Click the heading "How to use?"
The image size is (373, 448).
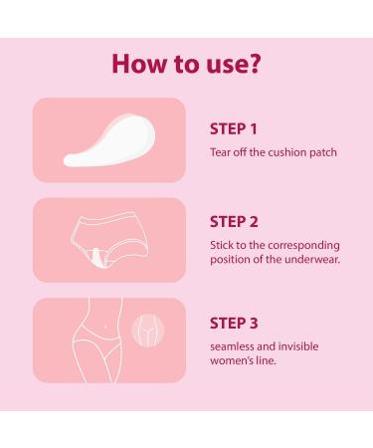click(x=186, y=64)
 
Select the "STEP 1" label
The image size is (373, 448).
click(x=234, y=128)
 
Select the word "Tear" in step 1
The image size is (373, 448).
click(x=221, y=151)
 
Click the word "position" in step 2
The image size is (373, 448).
click(x=233, y=261)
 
